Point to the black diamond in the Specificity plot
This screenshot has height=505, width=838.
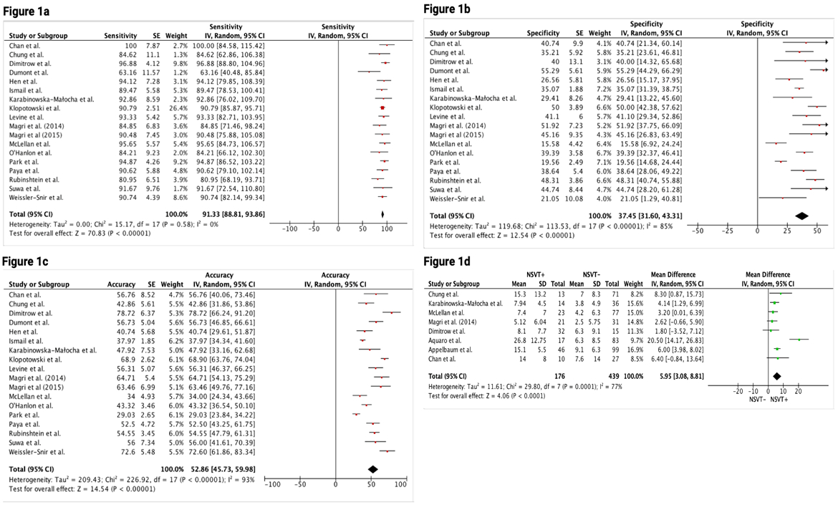tap(801, 216)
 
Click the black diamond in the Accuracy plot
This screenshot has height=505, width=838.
tap(372, 469)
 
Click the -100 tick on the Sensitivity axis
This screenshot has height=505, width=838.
tap(290, 230)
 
